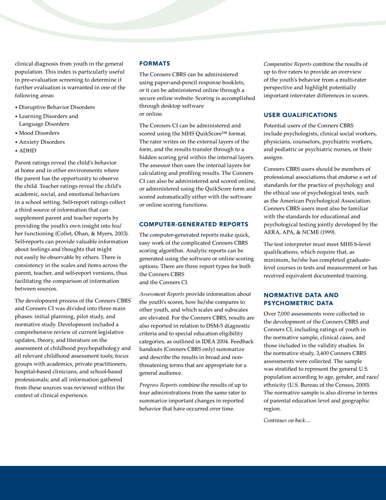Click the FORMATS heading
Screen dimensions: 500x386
(x=155, y=64)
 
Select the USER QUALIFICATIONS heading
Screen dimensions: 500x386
(x=300, y=115)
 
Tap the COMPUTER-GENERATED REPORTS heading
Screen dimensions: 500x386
(x=194, y=224)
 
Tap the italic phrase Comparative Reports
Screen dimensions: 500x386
(x=287, y=64)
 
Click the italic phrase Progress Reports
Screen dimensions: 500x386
(x=158, y=385)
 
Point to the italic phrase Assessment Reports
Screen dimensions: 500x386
(x=162, y=294)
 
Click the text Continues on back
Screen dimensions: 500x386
(x=286, y=420)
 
